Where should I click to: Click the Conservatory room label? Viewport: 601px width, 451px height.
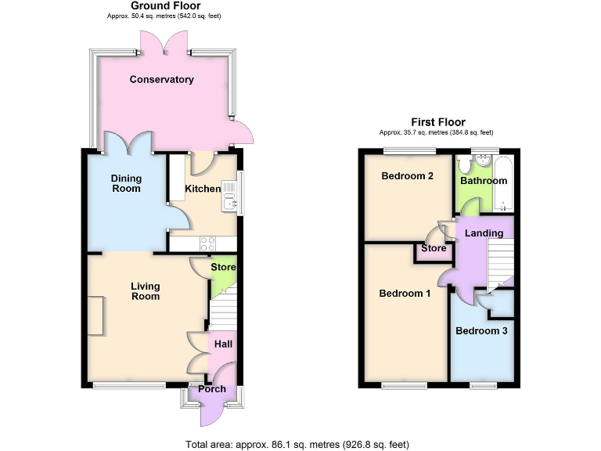coord(161,79)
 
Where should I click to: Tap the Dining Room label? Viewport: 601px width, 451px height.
coord(126,183)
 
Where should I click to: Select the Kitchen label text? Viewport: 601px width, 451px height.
coord(202,189)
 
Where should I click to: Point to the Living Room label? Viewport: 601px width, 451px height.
coord(146,291)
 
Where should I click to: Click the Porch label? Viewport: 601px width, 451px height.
coord(212,388)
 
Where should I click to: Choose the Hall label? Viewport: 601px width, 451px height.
coord(222,344)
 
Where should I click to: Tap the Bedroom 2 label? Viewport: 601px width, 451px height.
coord(407,176)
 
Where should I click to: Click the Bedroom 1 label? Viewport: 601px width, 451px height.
coord(405,294)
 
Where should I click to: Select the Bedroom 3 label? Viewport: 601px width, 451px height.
coord(481,331)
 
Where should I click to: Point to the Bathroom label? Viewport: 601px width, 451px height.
coord(483,181)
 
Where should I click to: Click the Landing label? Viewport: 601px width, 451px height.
coord(484,233)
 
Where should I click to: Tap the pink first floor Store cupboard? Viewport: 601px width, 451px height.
coord(433,249)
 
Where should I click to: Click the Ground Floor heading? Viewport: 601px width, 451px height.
coord(154,5)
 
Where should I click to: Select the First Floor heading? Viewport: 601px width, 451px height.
coord(438,122)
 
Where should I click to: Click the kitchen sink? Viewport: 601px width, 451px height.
coord(229,197)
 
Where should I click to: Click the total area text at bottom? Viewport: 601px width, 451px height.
coord(297,444)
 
